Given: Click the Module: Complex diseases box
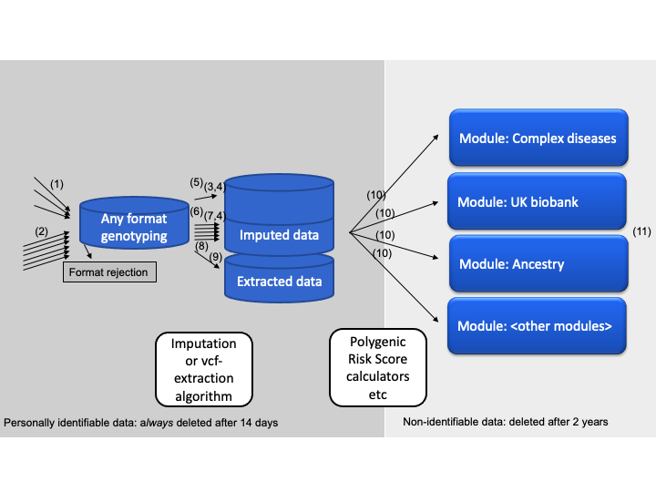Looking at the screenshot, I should click(x=538, y=139).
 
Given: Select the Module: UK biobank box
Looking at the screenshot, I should click(x=538, y=201).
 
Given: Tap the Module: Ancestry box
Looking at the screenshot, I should click(x=538, y=264).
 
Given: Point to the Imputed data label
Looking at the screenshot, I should click(x=279, y=236).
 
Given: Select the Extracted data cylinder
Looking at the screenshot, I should click(x=279, y=281).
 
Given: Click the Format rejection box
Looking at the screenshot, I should click(x=108, y=272).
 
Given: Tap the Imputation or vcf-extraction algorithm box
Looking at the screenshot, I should click(x=203, y=369).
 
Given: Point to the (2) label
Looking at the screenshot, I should click(x=42, y=231).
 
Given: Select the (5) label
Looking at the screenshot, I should click(x=196, y=183).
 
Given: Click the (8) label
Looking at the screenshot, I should click(x=201, y=245).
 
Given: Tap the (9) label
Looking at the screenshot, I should click(x=215, y=258).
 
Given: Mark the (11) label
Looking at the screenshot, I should click(x=641, y=232).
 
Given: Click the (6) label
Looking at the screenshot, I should click(x=196, y=211).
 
